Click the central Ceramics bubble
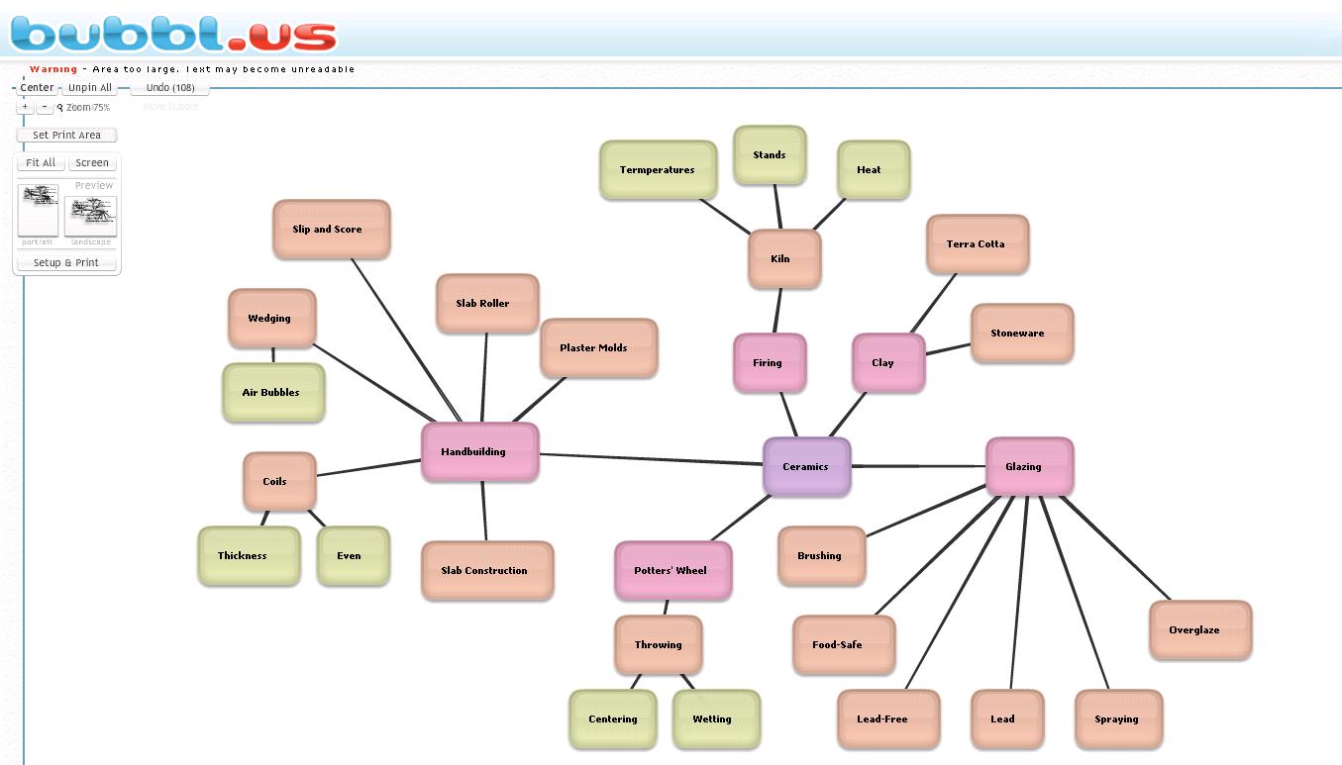[x=806, y=466]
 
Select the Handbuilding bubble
[x=479, y=452]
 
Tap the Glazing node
[x=1028, y=466]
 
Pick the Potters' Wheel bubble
[x=672, y=570]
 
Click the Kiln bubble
[x=783, y=259]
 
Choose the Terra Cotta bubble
[x=977, y=244]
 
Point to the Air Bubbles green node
[x=272, y=393]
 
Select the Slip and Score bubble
[x=331, y=230]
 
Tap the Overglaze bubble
[x=1199, y=630]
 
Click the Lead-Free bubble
[x=886, y=719]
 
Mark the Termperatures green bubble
[x=658, y=170]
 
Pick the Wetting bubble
[x=715, y=719]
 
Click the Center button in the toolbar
[x=38, y=88]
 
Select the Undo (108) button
[x=170, y=88]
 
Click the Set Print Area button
[x=66, y=136]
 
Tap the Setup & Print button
[x=66, y=263]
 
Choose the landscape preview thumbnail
[x=90, y=216]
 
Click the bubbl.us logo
[x=173, y=33]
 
